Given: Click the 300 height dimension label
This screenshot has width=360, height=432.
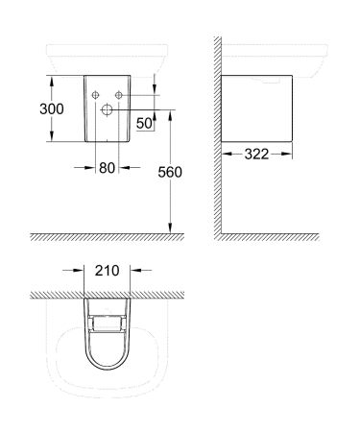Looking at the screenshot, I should pyautogui.click(x=51, y=109).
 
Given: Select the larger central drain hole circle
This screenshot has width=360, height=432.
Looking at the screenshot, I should pyautogui.click(x=108, y=111).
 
